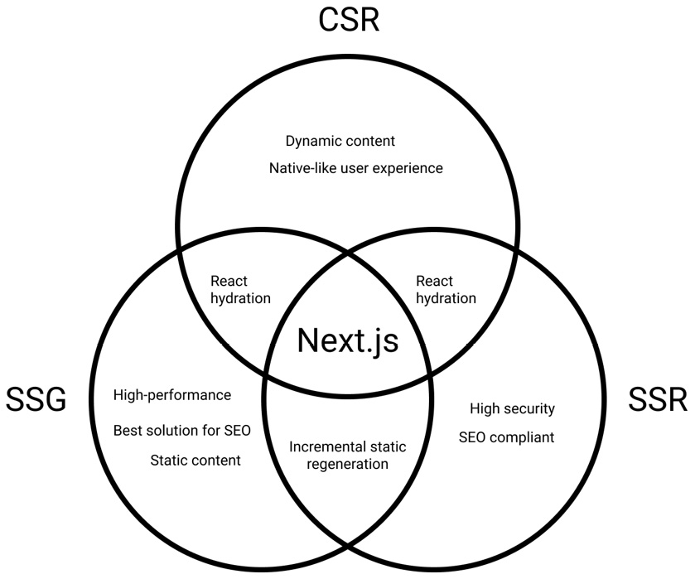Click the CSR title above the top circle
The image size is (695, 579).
tap(348, 20)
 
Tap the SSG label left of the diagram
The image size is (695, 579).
tap(36, 399)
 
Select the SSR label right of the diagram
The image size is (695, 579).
tap(658, 399)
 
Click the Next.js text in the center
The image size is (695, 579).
tap(348, 340)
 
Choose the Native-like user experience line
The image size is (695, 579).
tap(355, 168)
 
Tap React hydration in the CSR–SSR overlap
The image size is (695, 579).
tap(446, 290)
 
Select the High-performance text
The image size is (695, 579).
tap(172, 395)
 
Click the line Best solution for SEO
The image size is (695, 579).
tap(182, 430)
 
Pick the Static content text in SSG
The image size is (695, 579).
tap(195, 460)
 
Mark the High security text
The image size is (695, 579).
tap(512, 408)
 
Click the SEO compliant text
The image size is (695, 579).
tap(506, 437)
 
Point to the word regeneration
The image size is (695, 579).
tap(347, 464)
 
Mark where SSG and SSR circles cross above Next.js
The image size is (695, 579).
tap(347, 249)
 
